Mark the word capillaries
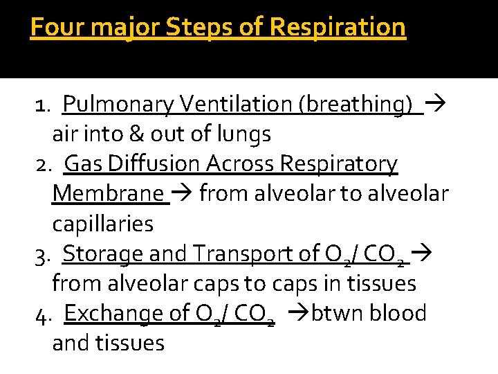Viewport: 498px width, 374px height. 102,224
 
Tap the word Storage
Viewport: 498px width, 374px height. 104,254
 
